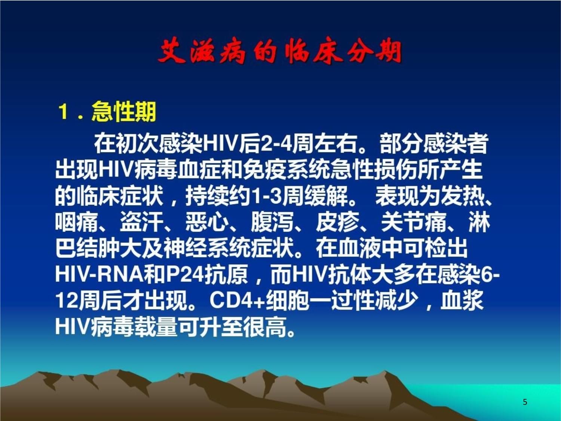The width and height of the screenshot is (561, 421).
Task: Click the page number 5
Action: click(525, 402)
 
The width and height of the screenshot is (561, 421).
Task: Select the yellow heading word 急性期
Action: click(124, 112)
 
